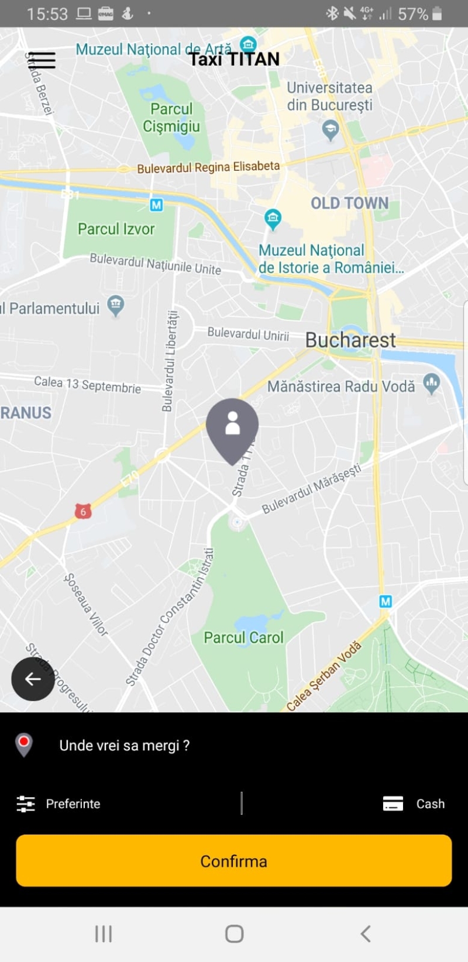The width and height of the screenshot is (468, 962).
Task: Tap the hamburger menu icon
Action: pyautogui.click(x=42, y=60)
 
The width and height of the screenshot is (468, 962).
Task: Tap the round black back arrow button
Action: pyautogui.click(x=33, y=678)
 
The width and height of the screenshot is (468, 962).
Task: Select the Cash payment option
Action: pyautogui.click(x=414, y=804)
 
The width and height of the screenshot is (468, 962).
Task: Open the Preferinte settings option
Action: pyautogui.click(x=59, y=804)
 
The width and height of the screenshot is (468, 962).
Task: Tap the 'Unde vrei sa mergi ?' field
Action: pyautogui.click(x=124, y=745)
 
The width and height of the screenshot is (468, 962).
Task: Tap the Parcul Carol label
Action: pyautogui.click(x=243, y=637)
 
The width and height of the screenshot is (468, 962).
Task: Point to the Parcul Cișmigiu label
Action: pyautogui.click(x=171, y=118)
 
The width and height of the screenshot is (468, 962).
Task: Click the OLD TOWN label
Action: pyautogui.click(x=349, y=203)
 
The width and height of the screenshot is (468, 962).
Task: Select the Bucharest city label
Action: pyautogui.click(x=350, y=340)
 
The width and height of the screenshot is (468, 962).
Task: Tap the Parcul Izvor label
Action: pyautogui.click(x=116, y=229)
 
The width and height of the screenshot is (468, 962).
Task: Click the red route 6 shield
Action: pyautogui.click(x=83, y=512)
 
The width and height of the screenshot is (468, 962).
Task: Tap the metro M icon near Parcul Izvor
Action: pyautogui.click(x=156, y=205)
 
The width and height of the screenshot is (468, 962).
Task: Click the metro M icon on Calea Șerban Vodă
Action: pyautogui.click(x=385, y=601)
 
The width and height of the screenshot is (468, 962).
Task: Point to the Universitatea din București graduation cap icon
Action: pyautogui.click(x=331, y=129)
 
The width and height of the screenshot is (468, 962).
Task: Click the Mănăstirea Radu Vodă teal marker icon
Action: pyautogui.click(x=432, y=384)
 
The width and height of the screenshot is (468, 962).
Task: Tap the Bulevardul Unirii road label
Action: pyautogui.click(x=248, y=334)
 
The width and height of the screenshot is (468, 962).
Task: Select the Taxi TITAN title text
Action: pyautogui.click(x=234, y=59)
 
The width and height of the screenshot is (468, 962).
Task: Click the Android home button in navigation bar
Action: pyautogui.click(x=234, y=933)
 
